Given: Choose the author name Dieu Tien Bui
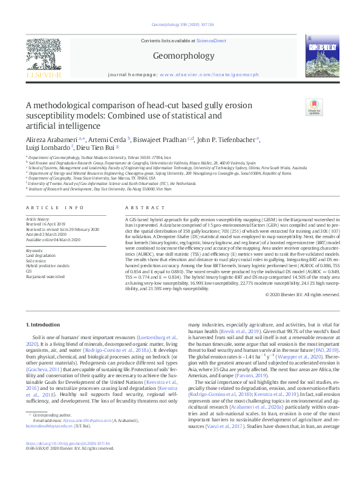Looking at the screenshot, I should pos(96,147).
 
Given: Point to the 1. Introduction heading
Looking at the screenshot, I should pos(46,325).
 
